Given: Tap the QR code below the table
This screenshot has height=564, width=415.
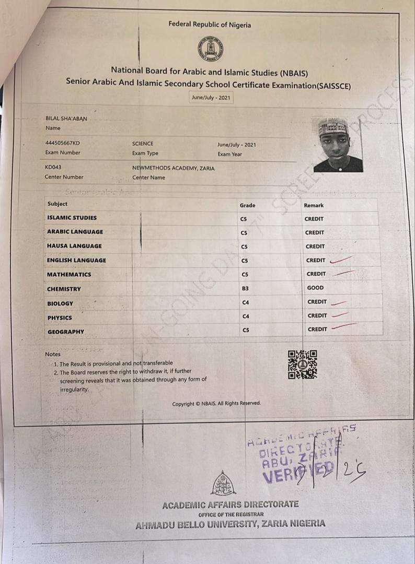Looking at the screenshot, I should pyautogui.click(x=303, y=364).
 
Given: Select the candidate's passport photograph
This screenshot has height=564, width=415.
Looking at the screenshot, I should pyautogui.click(x=340, y=145).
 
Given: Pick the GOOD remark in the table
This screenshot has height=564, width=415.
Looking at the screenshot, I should pyautogui.click(x=315, y=288).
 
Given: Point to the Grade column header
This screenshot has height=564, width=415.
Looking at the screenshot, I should pyautogui.click(x=247, y=205).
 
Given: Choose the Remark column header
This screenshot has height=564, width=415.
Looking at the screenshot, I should pyautogui.click(x=314, y=205).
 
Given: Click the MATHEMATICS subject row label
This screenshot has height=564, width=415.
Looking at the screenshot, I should pyautogui.click(x=69, y=274).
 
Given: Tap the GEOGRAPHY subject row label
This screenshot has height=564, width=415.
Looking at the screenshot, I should pyautogui.click(x=66, y=332).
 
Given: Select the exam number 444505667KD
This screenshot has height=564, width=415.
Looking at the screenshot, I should pyautogui.click(x=63, y=143).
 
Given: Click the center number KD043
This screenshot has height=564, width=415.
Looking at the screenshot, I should pyautogui.click(x=54, y=167).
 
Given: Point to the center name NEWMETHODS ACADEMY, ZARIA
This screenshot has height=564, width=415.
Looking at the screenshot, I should pyautogui.click(x=173, y=168).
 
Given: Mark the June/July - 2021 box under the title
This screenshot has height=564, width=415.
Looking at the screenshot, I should pyautogui.click(x=211, y=98).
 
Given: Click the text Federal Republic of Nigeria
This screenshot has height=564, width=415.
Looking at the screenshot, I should pyautogui.click(x=210, y=25).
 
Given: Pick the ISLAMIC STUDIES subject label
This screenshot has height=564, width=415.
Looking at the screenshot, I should pyautogui.click(x=72, y=218).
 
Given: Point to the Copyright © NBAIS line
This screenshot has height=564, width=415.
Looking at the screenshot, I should pyautogui.click(x=216, y=403).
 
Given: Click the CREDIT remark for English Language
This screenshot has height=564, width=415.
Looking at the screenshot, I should pyautogui.click(x=316, y=260).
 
